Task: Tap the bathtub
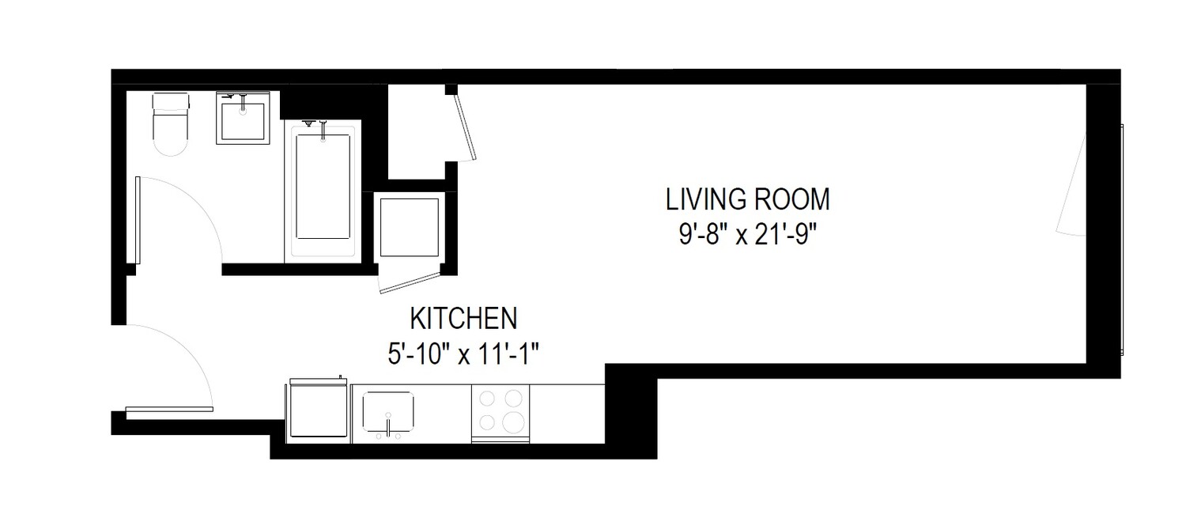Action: pos(323,190)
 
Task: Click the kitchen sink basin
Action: pos(389,411)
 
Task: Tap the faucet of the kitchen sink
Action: pos(389,429)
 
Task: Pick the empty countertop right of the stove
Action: pos(566,413)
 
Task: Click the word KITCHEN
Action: pos(463,319)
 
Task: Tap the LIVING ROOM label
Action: pos(747,199)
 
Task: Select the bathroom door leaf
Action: pos(138,221)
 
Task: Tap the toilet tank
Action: pos(172,102)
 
